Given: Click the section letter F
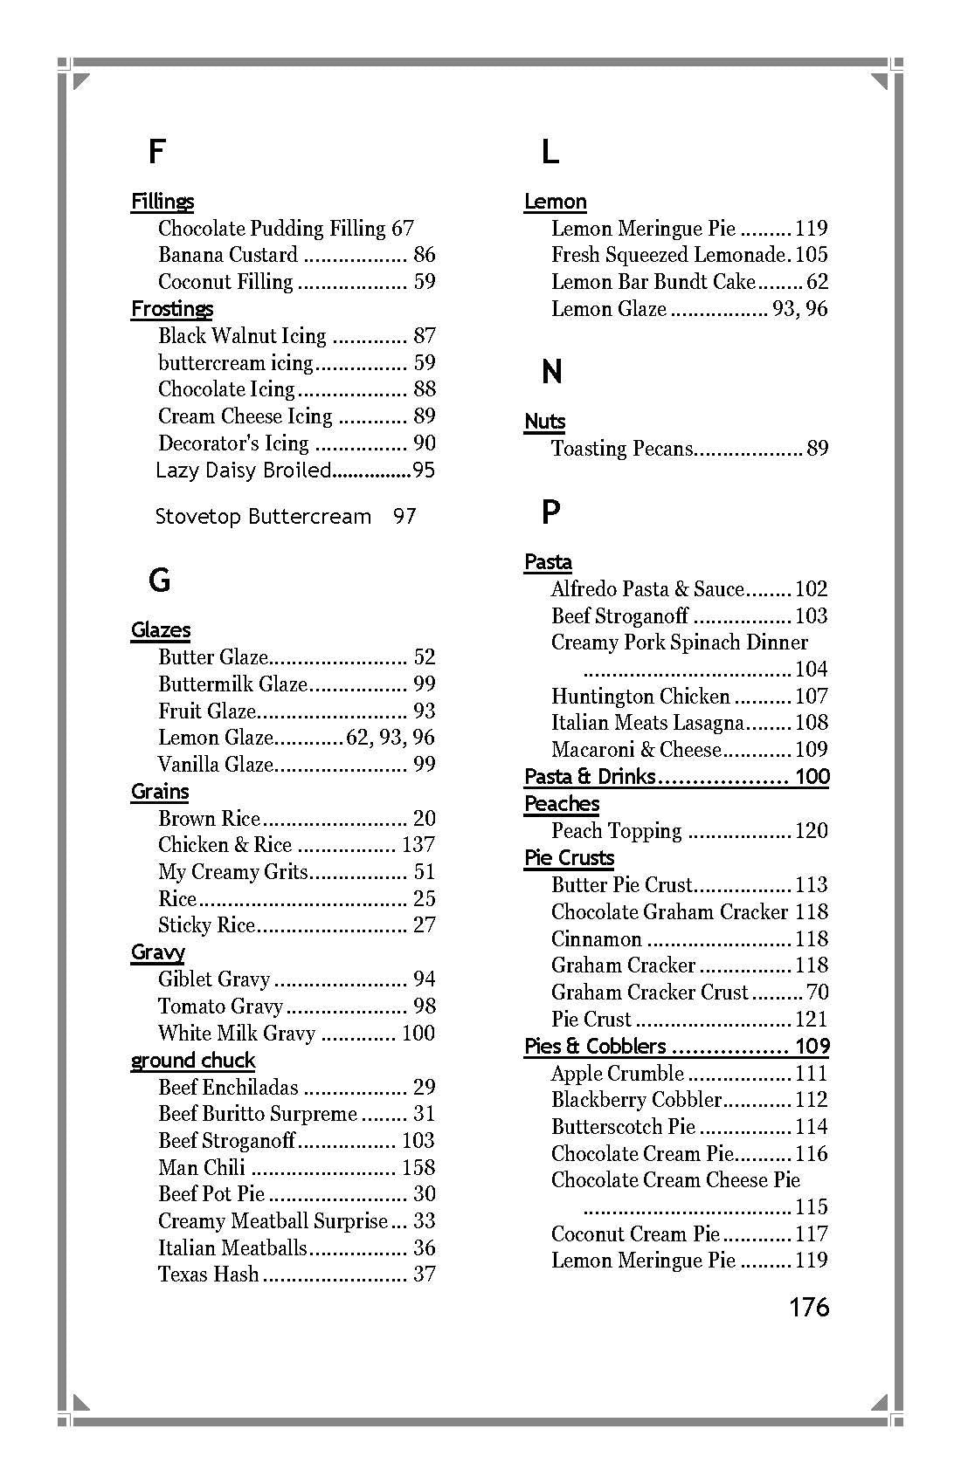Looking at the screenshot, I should pos(156,152).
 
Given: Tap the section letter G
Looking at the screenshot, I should pos(159,581).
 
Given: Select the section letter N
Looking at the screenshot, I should pos(551,373).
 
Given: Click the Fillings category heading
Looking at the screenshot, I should pos(162,202).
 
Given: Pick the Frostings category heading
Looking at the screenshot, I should pos(172,309).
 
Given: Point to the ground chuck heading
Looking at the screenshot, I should pos(193,1061).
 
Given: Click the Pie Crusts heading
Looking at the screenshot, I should pos(569,858).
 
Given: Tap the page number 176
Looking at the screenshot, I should pos(809,1307).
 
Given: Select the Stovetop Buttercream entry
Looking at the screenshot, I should pos(263,517).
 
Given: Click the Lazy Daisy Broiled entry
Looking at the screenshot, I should pos(244,471).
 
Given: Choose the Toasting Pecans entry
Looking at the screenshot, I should pos(621,449).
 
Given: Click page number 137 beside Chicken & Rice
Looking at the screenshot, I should pos(418,845).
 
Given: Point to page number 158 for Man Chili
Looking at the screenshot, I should pos(418,1168).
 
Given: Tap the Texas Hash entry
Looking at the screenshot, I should pos(209,1274).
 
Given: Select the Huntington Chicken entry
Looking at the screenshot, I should pos(640,697).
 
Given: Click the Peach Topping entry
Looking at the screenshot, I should pos(616,831).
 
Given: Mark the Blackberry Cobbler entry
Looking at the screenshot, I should pos(636,1100).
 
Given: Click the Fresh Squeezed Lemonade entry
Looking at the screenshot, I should pos(669,255).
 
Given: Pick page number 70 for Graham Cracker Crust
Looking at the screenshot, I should pos(818,993).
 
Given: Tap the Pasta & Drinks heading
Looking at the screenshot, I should pos(590,777).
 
